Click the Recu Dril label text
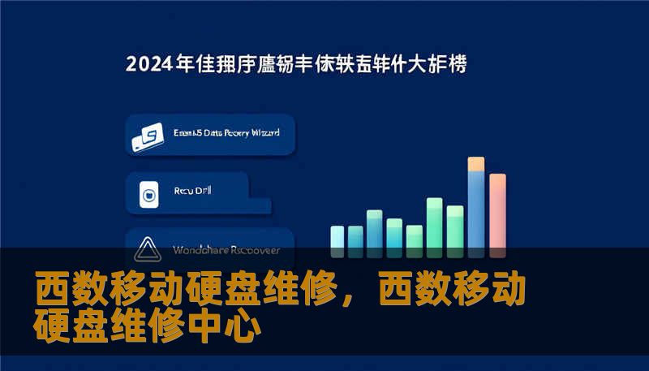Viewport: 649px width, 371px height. click(191, 192)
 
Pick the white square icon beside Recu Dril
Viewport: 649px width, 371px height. click(148, 195)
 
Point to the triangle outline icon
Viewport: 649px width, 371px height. click(148, 248)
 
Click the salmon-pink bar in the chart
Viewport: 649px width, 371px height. click(497, 211)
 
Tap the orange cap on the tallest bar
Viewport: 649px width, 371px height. click(476, 164)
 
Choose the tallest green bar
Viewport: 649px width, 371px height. click(435, 222)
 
